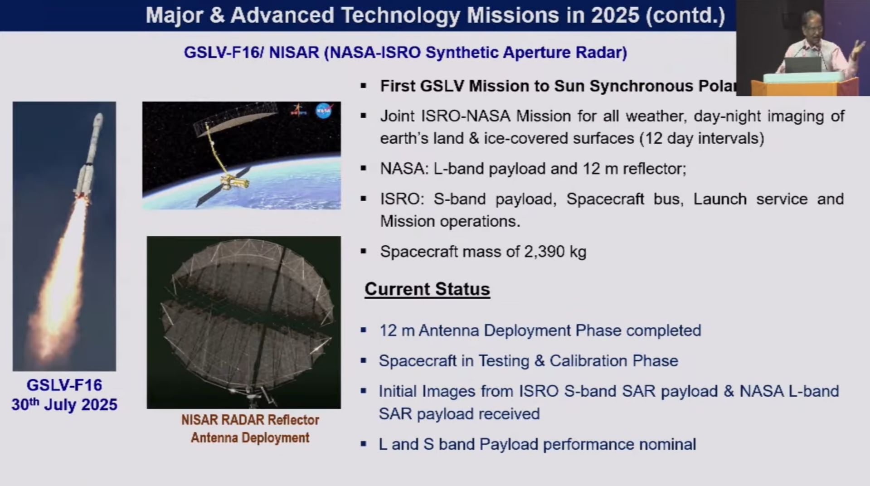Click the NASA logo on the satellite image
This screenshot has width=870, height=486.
(323, 111)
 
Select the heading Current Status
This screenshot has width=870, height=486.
(427, 289)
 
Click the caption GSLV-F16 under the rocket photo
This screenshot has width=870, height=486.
(64, 385)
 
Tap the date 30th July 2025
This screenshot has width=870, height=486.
(64, 404)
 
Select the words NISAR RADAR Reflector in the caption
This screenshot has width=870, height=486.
(250, 420)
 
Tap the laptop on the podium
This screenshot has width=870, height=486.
(802, 65)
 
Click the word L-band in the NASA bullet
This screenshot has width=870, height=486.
(459, 169)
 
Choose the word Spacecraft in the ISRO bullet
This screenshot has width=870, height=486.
(605, 199)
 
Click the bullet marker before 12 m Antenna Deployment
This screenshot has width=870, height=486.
(363, 330)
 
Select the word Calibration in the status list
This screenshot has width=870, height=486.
(588, 361)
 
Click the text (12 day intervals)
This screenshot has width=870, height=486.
(701, 138)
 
